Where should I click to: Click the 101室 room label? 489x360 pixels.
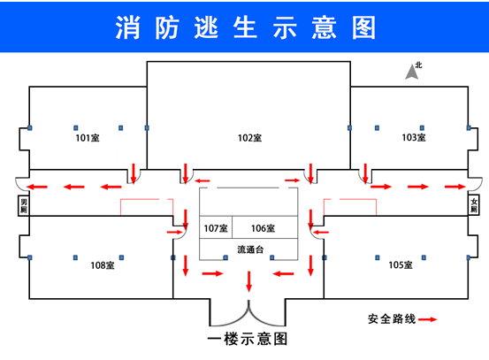pyautogui.click(x=88, y=138)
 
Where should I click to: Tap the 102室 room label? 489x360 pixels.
pyautogui.click(x=249, y=138)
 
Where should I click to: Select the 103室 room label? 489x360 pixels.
pyautogui.click(x=414, y=137)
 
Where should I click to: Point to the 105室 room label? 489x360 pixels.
pyautogui.click(x=401, y=264)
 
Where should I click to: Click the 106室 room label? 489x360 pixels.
pyautogui.click(x=263, y=228)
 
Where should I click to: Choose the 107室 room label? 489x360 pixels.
pyautogui.click(x=216, y=228)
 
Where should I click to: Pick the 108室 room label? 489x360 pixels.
pyautogui.click(x=103, y=265)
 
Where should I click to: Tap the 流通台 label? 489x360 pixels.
pyautogui.click(x=250, y=249)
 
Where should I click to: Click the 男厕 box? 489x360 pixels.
pyautogui.click(x=24, y=205)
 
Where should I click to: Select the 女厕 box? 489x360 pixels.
pyautogui.click(x=474, y=205)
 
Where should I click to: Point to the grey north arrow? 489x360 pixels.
pyautogui.click(x=412, y=72)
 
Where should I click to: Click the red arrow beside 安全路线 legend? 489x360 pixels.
pyautogui.click(x=428, y=319)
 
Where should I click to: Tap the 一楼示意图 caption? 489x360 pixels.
pyautogui.click(x=248, y=339)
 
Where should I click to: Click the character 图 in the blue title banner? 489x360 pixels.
pyautogui.click(x=363, y=28)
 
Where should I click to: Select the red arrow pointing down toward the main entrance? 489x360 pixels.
pyautogui.click(x=248, y=281)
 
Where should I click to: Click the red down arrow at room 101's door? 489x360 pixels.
pyautogui.click(x=134, y=172)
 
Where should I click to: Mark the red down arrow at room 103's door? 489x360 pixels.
pyautogui.click(x=365, y=172)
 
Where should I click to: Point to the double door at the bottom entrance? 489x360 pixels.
pyautogui.click(x=248, y=313)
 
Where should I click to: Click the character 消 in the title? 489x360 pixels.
pyautogui.click(x=127, y=28)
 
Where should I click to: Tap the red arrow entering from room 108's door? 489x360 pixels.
pyautogui.click(x=175, y=232)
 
